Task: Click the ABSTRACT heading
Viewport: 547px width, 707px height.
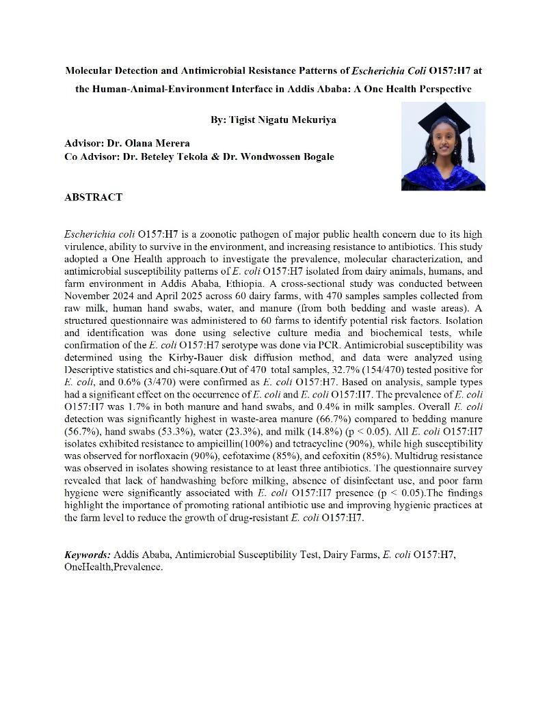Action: click(x=93, y=197)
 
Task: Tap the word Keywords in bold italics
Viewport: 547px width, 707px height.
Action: click(x=87, y=555)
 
